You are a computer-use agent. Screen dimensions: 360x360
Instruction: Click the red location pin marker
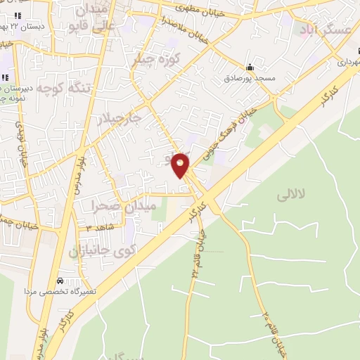[181, 165]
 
